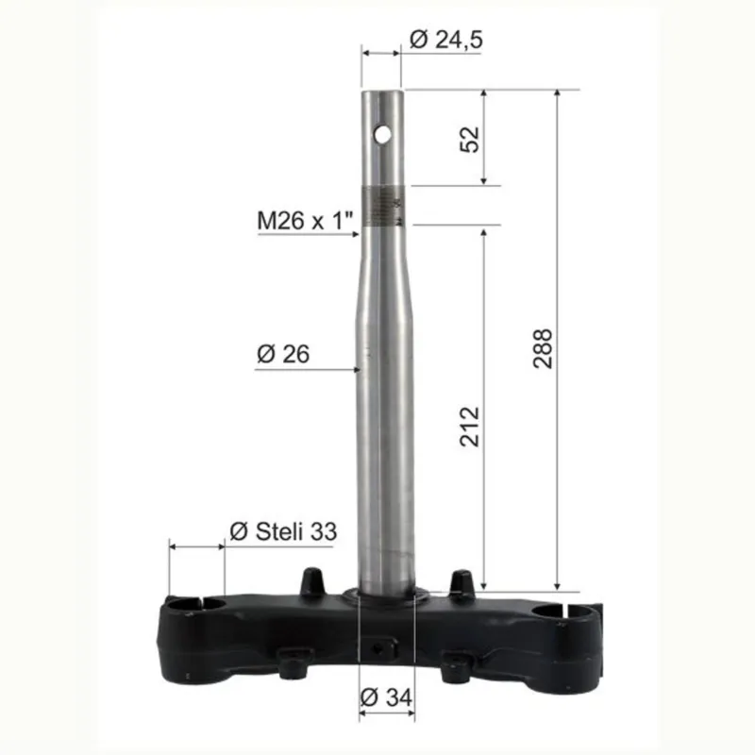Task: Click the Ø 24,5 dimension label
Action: pyautogui.click(x=445, y=39)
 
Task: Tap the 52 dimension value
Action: pyautogui.click(x=470, y=139)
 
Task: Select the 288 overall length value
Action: pyautogui.click(x=543, y=348)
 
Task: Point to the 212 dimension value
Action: pyautogui.click(x=470, y=427)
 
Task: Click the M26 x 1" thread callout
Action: pyautogui.click(x=305, y=221)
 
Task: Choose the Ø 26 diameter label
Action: pyautogui.click(x=283, y=354)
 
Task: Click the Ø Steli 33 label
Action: pyautogui.click(x=283, y=531)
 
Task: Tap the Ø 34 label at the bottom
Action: pyautogui.click(x=386, y=696)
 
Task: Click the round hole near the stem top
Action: pyautogui.click(x=383, y=135)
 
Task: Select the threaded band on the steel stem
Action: pyautogui.click(x=384, y=206)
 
